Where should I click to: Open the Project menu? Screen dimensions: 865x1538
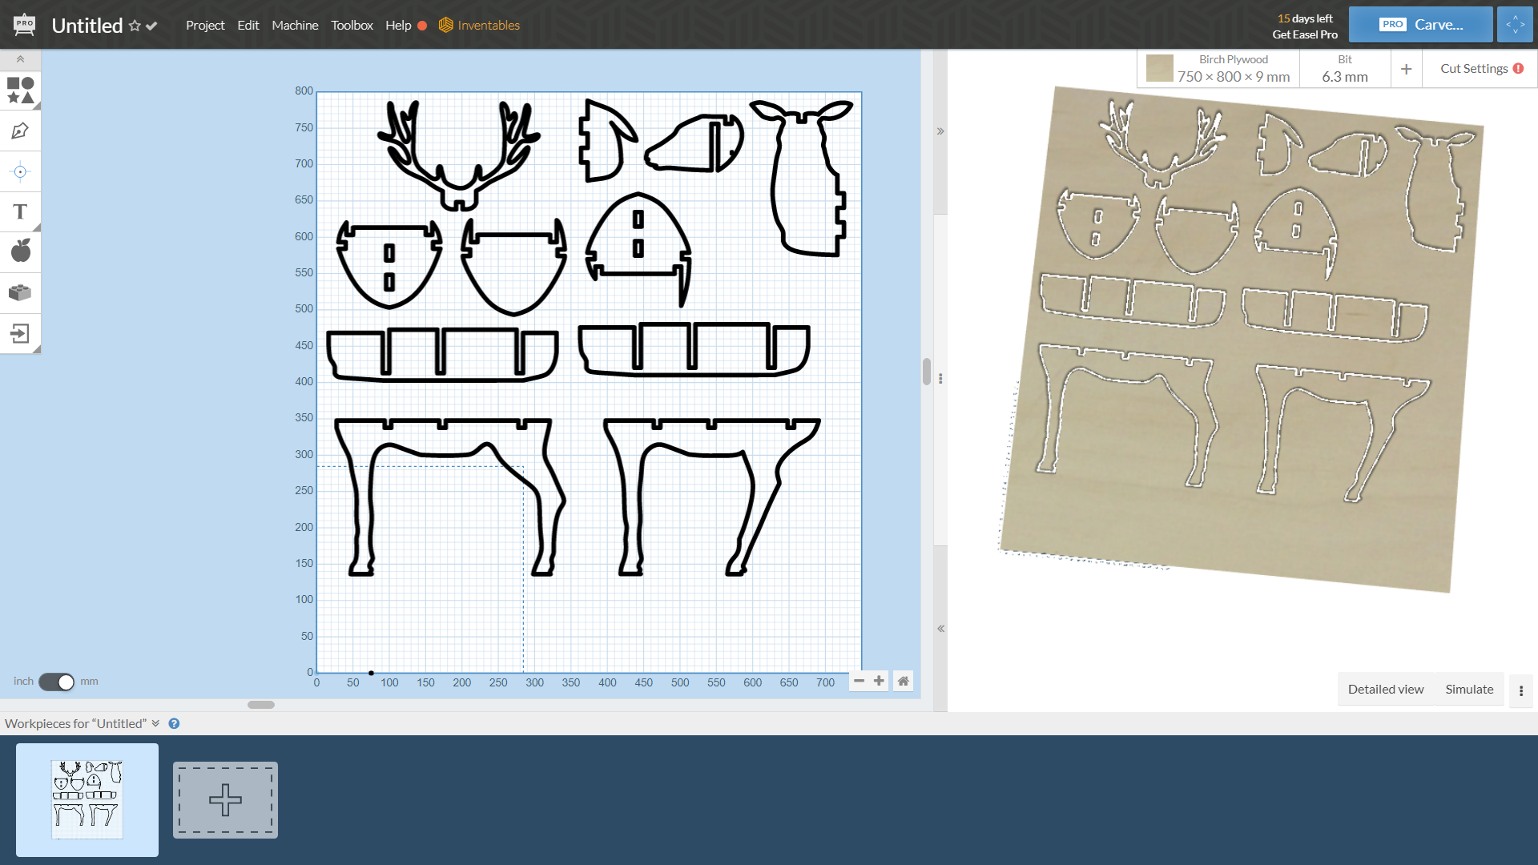click(205, 26)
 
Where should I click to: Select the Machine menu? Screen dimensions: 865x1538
click(295, 26)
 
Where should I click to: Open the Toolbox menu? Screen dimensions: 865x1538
click(352, 26)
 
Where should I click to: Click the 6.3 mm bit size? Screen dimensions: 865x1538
click(1344, 77)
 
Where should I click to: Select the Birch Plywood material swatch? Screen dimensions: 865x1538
click(1159, 69)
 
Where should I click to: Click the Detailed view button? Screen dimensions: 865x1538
click(1385, 690)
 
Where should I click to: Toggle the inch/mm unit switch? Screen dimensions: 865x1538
click(56, 682)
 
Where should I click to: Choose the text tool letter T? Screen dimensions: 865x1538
click(20, 211)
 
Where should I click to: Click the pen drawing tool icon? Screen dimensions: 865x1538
click(20, 131)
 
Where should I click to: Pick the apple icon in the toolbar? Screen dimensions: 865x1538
click(20, 251)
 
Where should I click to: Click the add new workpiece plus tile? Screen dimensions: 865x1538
click(225, 800)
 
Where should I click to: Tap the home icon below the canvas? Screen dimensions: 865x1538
click(903, 682)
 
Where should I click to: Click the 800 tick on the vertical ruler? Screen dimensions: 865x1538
click(304, 91)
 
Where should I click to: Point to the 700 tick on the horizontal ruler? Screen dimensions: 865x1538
click(825, 683)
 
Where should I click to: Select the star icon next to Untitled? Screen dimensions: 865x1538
click(135, 26)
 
